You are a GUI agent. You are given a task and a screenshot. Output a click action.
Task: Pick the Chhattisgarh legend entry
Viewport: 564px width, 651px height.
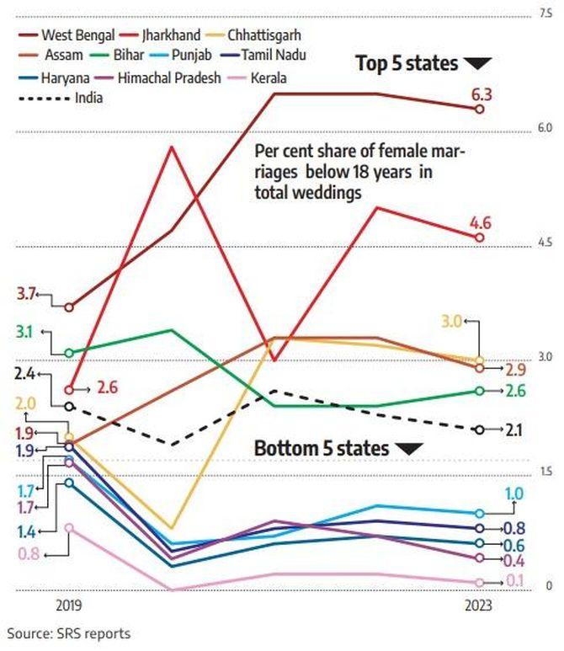tap(257, 37)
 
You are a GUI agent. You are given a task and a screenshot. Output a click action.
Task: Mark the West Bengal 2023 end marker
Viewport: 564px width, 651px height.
tap(479, 109)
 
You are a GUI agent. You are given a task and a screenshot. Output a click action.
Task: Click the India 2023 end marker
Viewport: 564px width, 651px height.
tap(479, 430)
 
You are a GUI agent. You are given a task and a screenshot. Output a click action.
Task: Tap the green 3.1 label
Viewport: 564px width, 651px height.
tap(25, 332)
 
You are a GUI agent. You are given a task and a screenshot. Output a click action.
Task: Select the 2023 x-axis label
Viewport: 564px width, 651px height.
tap(479, 606)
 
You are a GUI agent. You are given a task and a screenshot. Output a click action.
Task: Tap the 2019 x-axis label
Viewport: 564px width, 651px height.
tap(69, 606)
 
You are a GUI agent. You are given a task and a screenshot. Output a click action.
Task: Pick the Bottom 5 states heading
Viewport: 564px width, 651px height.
tap(322, 448)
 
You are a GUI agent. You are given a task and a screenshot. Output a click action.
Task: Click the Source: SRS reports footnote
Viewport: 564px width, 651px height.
tap(69, 633)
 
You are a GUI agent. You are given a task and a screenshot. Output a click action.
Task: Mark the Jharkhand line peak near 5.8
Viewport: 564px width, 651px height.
tap(172, 147)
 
